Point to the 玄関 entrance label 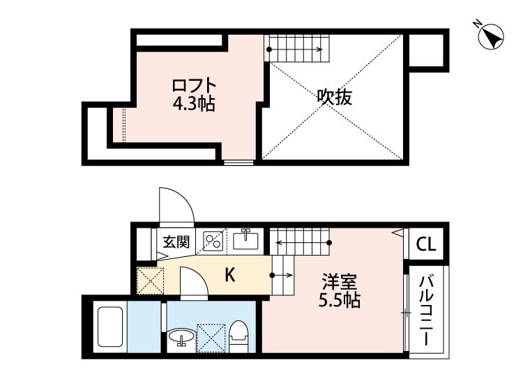click(177, 242)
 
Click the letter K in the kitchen click(229, 276)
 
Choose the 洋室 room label click(340, 283)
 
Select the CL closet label click(426, 244)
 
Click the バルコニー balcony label click(426, 311)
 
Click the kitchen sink click(245, 241)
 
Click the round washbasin click(182, 339)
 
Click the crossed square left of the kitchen click(149, 280)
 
